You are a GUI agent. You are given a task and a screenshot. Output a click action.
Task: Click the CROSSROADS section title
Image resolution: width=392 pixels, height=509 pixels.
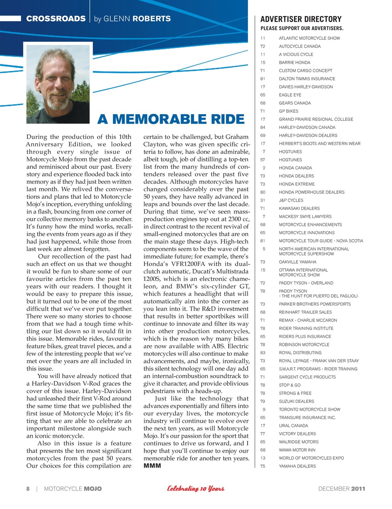(56, 19)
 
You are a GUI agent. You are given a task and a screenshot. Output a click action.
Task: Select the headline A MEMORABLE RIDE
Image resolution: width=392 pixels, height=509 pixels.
(171, 119)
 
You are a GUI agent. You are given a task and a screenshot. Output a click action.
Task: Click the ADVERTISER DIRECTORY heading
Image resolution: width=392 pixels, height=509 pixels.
(301, 19)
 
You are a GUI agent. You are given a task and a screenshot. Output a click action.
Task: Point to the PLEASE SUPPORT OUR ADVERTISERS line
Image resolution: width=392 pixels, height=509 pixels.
(302, 28)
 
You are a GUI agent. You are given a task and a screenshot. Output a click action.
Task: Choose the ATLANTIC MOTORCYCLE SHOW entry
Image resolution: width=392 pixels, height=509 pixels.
(309, 38)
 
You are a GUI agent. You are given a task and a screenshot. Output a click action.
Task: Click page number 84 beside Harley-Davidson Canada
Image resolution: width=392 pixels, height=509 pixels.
(263, 128)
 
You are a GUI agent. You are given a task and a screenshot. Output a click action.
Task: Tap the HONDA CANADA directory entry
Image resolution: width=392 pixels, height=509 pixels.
(295, 168)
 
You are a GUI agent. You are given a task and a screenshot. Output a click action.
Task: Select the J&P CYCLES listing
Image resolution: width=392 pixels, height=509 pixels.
(291, 200)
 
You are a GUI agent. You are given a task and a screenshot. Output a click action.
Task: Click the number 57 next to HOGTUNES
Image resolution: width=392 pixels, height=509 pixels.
(263, 160)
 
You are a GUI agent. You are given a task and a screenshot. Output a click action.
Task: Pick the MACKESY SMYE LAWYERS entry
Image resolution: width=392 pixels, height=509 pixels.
(305, 217)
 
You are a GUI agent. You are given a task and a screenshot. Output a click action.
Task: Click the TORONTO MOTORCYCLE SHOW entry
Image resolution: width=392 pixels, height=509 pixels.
(309, 410)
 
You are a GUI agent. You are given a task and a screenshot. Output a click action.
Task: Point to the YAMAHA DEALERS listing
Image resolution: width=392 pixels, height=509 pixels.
(297, 466)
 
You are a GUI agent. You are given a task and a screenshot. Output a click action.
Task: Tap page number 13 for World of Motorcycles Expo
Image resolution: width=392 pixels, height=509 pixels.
(263, 458)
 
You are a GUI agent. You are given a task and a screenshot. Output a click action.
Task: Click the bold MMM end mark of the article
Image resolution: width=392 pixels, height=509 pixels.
(152, 466)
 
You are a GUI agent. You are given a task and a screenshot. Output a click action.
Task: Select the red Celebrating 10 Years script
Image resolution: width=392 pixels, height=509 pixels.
(196, 489)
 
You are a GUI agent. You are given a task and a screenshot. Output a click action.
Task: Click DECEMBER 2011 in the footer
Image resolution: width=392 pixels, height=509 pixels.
(342, 489)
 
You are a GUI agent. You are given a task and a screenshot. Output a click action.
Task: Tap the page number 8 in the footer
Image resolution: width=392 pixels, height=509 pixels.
(28, 489)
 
